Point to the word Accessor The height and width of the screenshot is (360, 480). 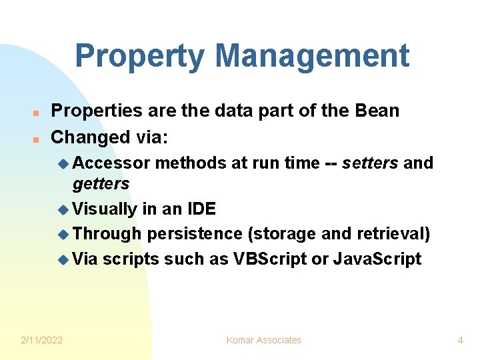[x=111, y=163]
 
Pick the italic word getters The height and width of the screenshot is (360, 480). [x=101, y=184]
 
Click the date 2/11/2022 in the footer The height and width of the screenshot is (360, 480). [x=41, y=341]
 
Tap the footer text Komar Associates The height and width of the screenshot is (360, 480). [x=263, y=341]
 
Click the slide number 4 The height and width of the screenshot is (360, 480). [x=460, y=341]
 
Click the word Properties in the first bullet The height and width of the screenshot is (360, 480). [x=96, y=111]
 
